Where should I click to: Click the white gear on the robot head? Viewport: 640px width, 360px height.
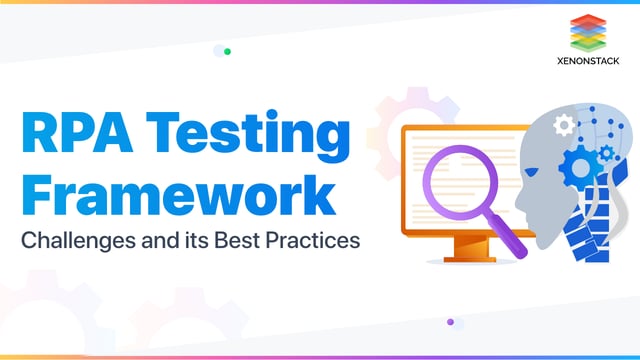[563, 124]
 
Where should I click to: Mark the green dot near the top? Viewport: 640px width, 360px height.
[228, 51]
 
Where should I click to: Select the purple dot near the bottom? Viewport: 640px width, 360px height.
[450, 322]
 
